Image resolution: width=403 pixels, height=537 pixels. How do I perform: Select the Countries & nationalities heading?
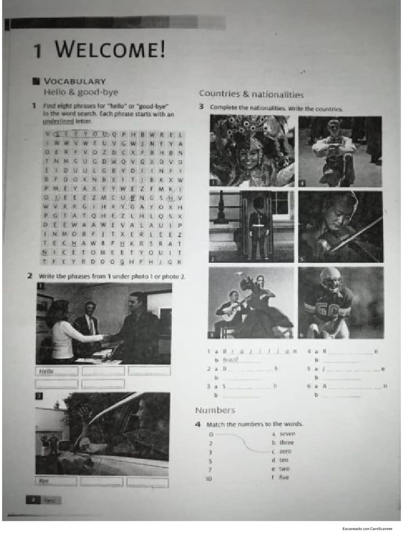(x=251, y=94)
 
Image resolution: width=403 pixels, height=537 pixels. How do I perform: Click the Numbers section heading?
(x=215, y=410)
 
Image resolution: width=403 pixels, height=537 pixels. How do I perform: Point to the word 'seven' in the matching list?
(x=287, y=434)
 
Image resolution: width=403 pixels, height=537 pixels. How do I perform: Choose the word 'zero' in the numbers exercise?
(x=285, y=451)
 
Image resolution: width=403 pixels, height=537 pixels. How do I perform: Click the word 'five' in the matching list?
(x=284, y=477)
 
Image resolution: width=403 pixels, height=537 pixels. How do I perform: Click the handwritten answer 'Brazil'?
(x=230, y=360)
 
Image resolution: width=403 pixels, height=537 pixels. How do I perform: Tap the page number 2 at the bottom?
(x=33, y=500)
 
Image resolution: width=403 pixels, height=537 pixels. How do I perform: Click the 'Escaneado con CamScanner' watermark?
(x=367, y=528)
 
